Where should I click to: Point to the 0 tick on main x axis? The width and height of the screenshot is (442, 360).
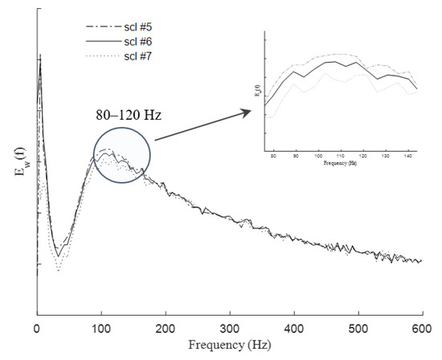tap(37, 329)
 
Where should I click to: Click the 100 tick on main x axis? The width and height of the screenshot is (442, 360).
tap(101, 329)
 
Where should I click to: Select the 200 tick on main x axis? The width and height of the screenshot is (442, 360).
tap(166, 329)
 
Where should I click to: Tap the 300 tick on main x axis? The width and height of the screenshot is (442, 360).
tap(230, 329)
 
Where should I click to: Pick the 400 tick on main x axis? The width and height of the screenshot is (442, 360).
tap(294, 329)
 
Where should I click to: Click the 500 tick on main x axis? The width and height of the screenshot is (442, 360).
tap(358, 329)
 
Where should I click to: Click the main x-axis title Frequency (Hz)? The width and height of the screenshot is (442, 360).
tap(229, 346)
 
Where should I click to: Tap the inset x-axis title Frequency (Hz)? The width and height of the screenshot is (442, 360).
tap(341, 162)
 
